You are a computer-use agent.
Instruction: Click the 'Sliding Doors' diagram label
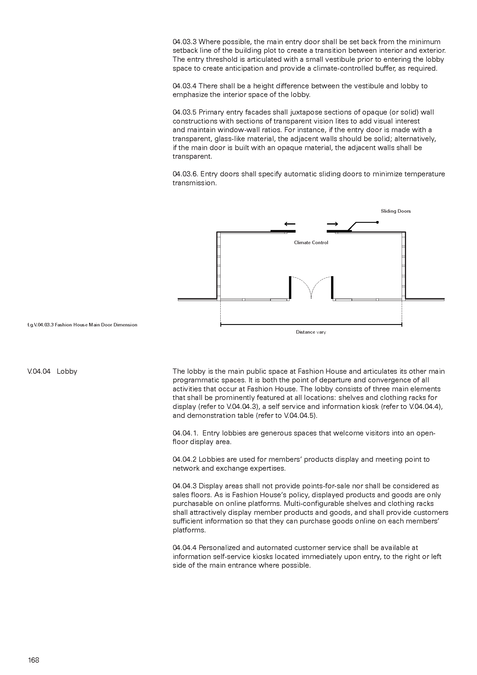pyautogui.click(x=395, y=211)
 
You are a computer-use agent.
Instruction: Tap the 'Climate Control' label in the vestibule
pyautogui.click(x=311, y=242)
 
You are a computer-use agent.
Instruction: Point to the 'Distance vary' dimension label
pyautogui.click(x=311, y=332)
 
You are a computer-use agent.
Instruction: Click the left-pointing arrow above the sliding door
pyautogui.click(x=290, y=224)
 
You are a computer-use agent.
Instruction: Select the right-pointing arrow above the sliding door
pyautogui.click(x=333, y=224)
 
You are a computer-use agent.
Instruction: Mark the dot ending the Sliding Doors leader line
pyautogui.click(x=378, y=222)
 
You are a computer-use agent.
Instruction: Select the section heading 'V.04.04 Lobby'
pyautogui.click(x=52, y=371)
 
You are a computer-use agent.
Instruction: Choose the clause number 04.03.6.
pyautogui.click(x=185, y=174)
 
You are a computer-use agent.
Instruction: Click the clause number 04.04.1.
pyautogui.click(x=185, y=433)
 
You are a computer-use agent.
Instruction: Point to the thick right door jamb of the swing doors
pyautogui.click(x=332, y=287)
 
